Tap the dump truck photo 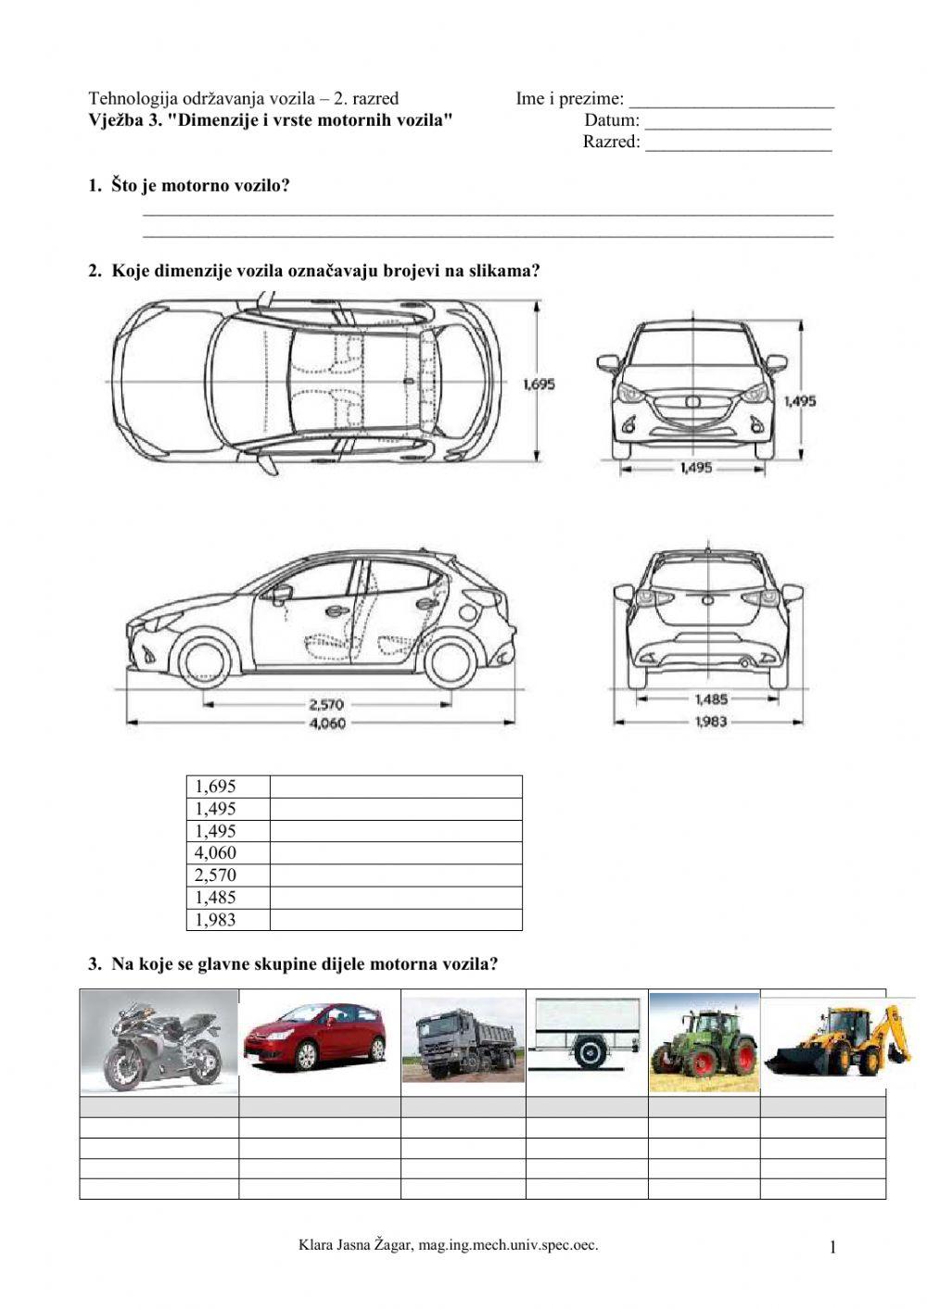pos(463,1041)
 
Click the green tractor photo pos(705,1042)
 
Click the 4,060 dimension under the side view pos(326,724)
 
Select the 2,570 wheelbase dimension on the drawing pos(326,704)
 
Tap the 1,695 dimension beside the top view pos(539,383)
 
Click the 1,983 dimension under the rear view pos(711,722)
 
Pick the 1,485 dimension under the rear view pos(711,700)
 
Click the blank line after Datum pos(738,121)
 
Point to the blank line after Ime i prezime pos(731,100)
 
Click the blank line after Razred pos(738,144)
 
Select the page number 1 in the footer pos(832,1248)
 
